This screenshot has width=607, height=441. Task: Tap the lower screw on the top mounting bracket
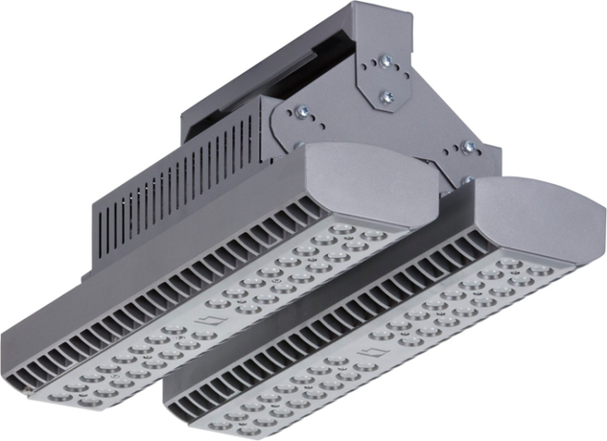coord(386,96)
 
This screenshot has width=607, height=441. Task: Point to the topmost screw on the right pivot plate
coord(468,147)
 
